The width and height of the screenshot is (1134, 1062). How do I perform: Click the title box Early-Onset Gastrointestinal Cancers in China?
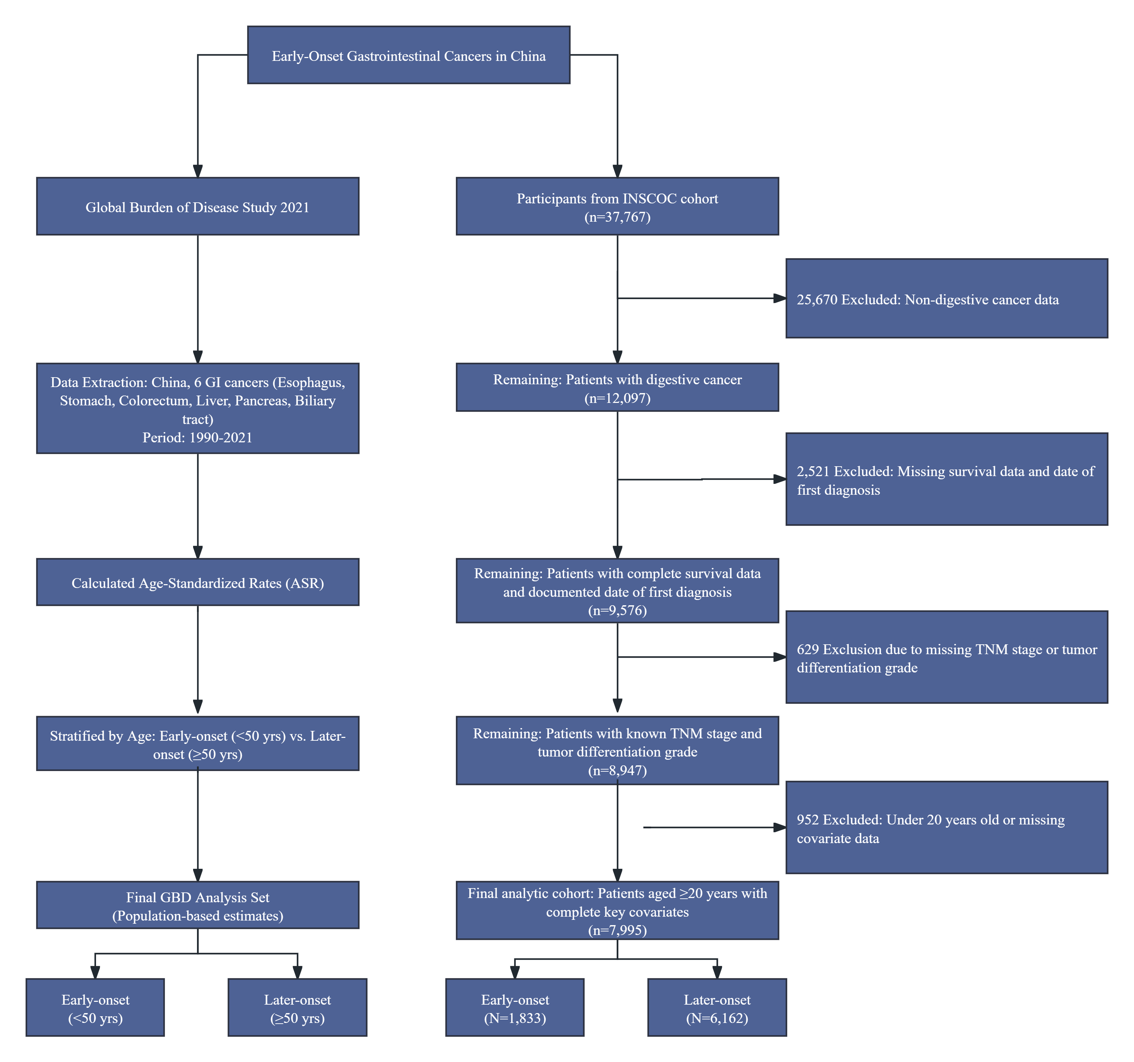408,55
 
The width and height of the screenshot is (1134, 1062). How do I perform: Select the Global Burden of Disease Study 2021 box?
197,206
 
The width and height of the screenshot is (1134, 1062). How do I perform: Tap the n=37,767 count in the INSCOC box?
617,217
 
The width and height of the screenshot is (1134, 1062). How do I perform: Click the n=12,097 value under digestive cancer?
617,398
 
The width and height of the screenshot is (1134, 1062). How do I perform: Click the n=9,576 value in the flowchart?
617,611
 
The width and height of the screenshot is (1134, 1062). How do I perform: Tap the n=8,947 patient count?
617,770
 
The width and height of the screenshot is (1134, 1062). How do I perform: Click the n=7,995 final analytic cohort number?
617,930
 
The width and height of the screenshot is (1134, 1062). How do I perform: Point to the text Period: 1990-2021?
197,438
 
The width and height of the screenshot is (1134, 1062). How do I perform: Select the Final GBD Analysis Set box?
197,906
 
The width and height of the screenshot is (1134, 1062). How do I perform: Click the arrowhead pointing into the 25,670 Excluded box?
779,298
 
